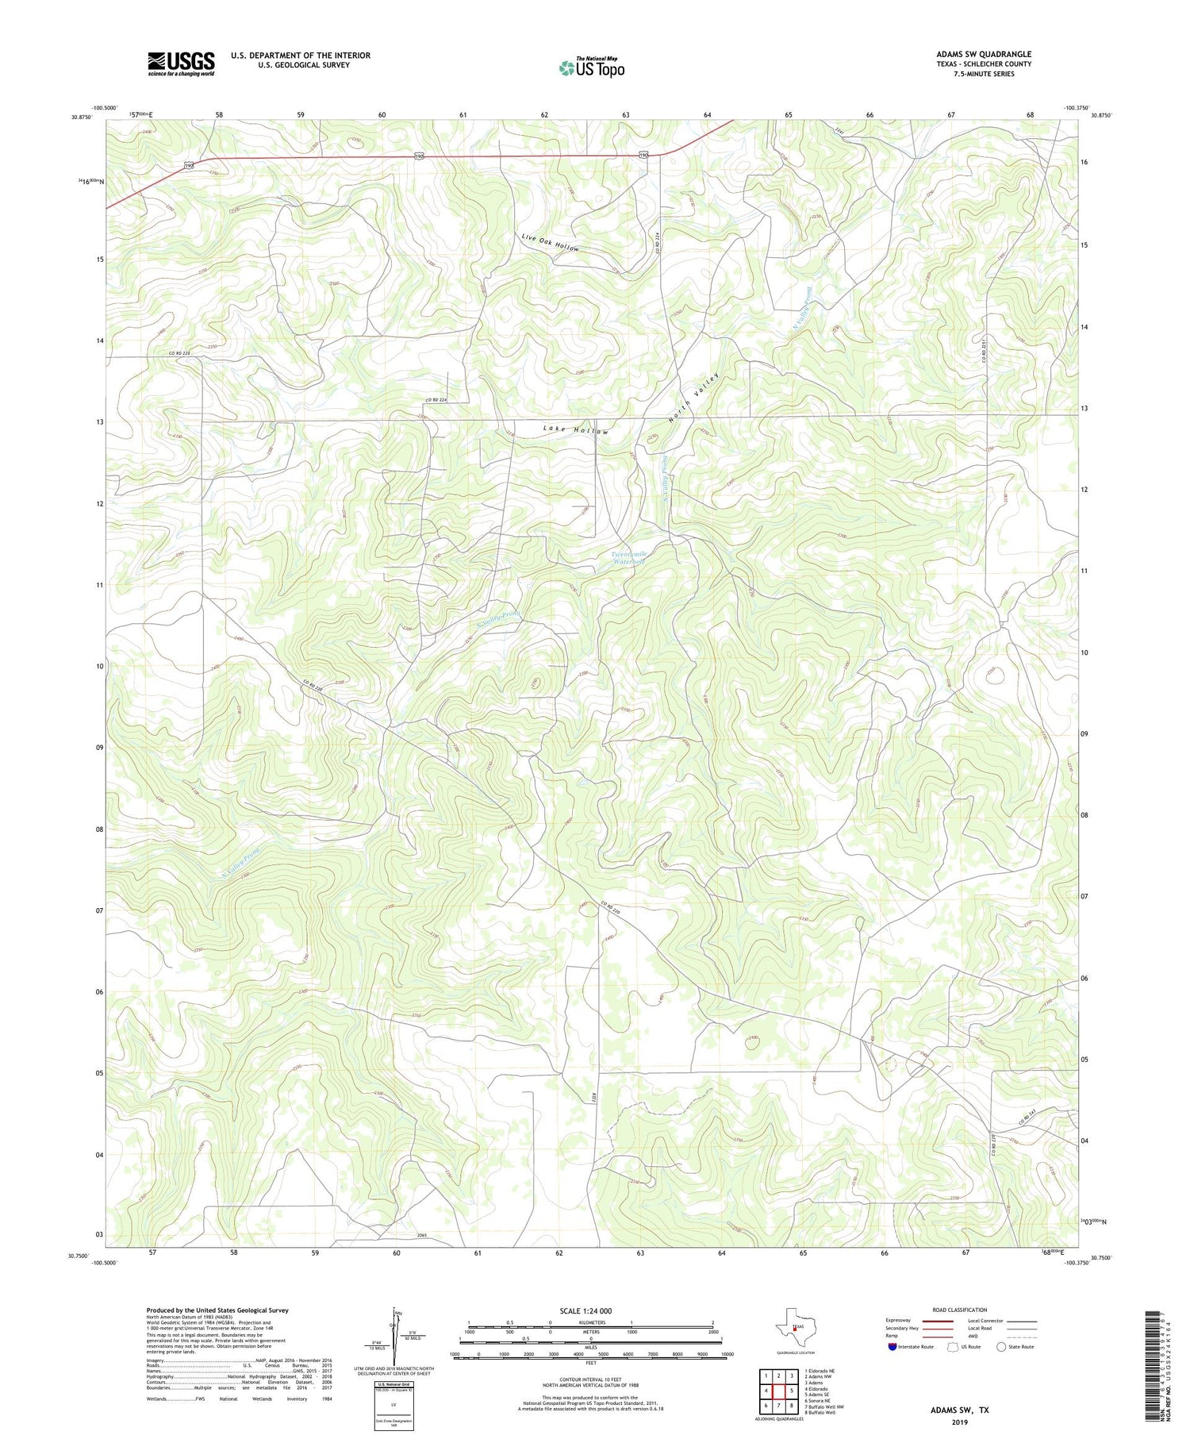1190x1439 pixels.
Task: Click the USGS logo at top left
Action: point(181,63)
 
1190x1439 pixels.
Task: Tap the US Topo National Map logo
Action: point(591,67)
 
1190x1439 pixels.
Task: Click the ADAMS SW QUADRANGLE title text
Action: point(983,54)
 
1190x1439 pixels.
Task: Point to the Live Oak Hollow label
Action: point(550,243)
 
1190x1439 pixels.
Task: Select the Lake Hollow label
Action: point(576,429)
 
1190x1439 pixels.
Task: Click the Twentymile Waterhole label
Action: point(629,557)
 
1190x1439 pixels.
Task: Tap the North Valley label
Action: point(694,397)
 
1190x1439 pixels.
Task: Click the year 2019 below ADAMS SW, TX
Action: point(959,1422)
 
